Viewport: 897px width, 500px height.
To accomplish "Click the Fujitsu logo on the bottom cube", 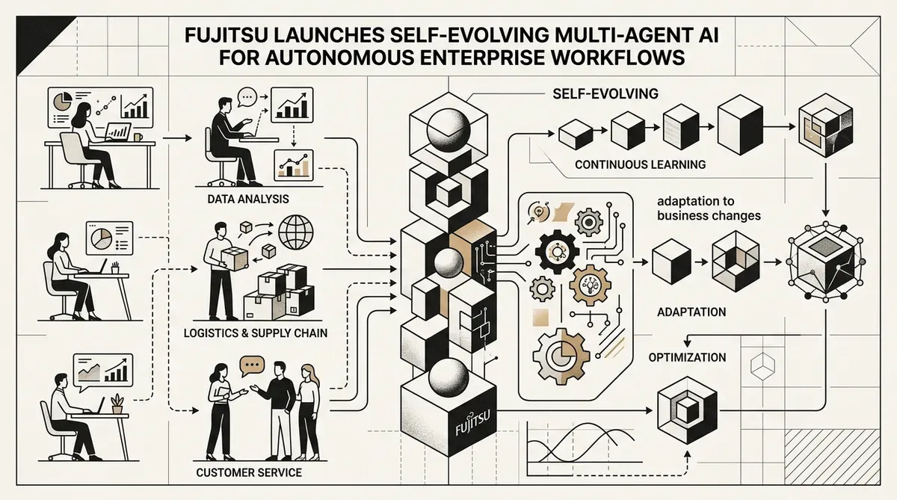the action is (472, 424).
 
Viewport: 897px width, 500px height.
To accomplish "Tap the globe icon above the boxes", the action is (296, 232).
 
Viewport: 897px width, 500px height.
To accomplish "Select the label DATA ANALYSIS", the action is (248, 199).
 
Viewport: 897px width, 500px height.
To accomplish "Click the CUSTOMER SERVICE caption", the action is (249, 472).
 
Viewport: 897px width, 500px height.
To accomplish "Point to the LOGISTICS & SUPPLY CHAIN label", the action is (256, 333).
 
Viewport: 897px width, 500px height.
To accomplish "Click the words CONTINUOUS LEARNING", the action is (641, 164).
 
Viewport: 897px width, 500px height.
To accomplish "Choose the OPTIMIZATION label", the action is (687, 357).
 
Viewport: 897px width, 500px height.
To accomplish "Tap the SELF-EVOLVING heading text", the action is (605, 93).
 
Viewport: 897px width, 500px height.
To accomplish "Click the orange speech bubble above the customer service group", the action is (252, 366).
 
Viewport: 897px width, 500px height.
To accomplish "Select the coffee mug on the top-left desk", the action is (138, 138).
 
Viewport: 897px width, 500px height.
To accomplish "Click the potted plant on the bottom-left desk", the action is (117, 404).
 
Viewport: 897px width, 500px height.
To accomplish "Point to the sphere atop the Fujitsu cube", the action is (449, 378).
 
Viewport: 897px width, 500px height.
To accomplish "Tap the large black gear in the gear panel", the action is (557, 251).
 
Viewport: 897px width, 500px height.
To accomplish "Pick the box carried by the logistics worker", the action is (234, 258).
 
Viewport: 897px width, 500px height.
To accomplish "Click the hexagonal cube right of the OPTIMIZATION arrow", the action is (688, 410).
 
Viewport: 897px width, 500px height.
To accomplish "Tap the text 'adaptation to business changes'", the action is (709, 209).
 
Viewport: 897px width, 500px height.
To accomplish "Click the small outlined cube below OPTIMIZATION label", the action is (762, 366).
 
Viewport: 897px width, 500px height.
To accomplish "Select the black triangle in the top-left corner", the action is (36, 36).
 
